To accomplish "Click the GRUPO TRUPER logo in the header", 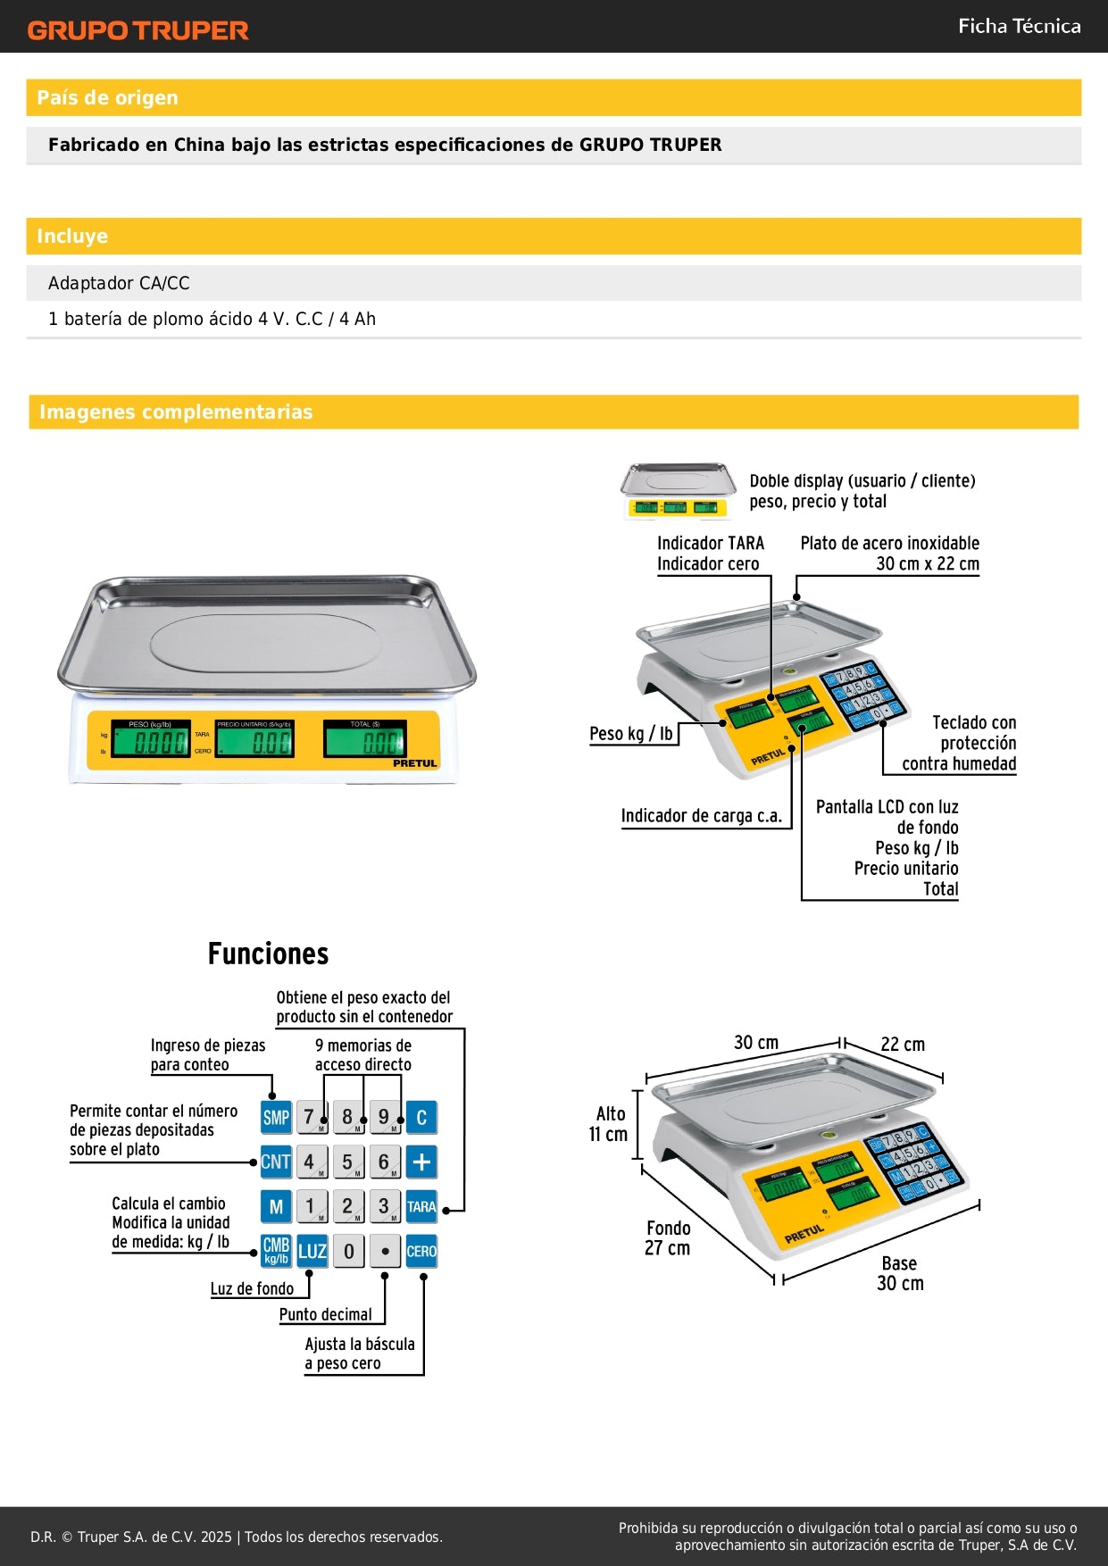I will [x=137, y=30].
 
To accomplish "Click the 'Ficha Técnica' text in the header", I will [x=1019, y=26].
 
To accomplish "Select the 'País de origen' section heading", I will [x=107, y=97].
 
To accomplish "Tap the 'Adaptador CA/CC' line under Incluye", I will [x=119, y=283].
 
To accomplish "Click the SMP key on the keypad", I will [x=276, y=1117].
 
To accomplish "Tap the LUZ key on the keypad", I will [x=312, y=1251].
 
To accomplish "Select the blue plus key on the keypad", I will [x=421, y=1162].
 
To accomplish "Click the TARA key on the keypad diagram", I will [x=421, y=1206].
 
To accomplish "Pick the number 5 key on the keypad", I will [x=348, y=1162].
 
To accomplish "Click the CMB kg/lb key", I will [x=276, y=1251].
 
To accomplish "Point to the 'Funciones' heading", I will [x=268, y=954].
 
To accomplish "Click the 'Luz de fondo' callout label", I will [x=252, y=1288].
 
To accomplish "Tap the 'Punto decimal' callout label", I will [x=325, y=1314].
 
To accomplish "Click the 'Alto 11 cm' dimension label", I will [x=608, y=1124].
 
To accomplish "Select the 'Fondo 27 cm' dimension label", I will [x=668, y=1238].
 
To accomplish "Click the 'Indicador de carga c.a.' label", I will [x=701, y=815].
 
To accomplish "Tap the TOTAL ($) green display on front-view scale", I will [x=364, y=740].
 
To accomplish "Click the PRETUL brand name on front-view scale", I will [x=415, y=763].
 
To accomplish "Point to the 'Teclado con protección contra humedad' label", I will [x=959, y=743].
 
